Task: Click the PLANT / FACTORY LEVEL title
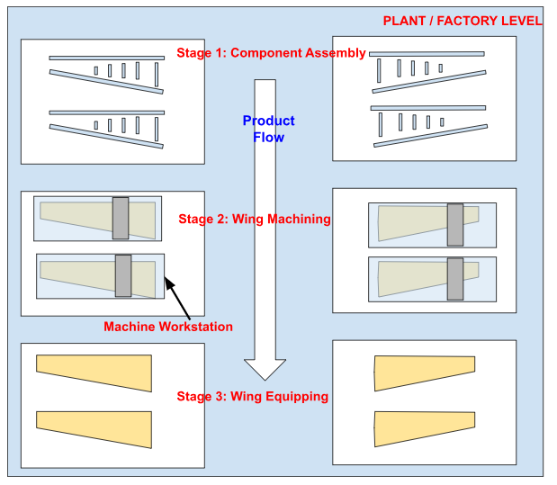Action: tap(463, 21)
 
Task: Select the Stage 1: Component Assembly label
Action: tap(271, 53)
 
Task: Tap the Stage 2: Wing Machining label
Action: tap(255, 219)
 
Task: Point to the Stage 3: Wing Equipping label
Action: tap(252, 396)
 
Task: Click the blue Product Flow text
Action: tap(268, 129)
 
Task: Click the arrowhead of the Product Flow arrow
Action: tap(265, 369)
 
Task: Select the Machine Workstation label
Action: tap(168, 327)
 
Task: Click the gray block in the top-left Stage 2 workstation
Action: tap(121, 218)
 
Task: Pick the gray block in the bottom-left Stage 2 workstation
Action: tap(123, 275)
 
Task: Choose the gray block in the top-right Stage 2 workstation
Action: tap(455, 225)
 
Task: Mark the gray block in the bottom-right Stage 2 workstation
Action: tap(455, 280)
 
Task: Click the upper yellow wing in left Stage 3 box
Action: tap(94, 372)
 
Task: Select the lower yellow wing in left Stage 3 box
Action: tap(94, 428)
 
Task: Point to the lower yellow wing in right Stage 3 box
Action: tap(424, 428)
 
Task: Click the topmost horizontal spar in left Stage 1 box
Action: tap(107, 58)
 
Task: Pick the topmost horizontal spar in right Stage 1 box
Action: tap(427, 54)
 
